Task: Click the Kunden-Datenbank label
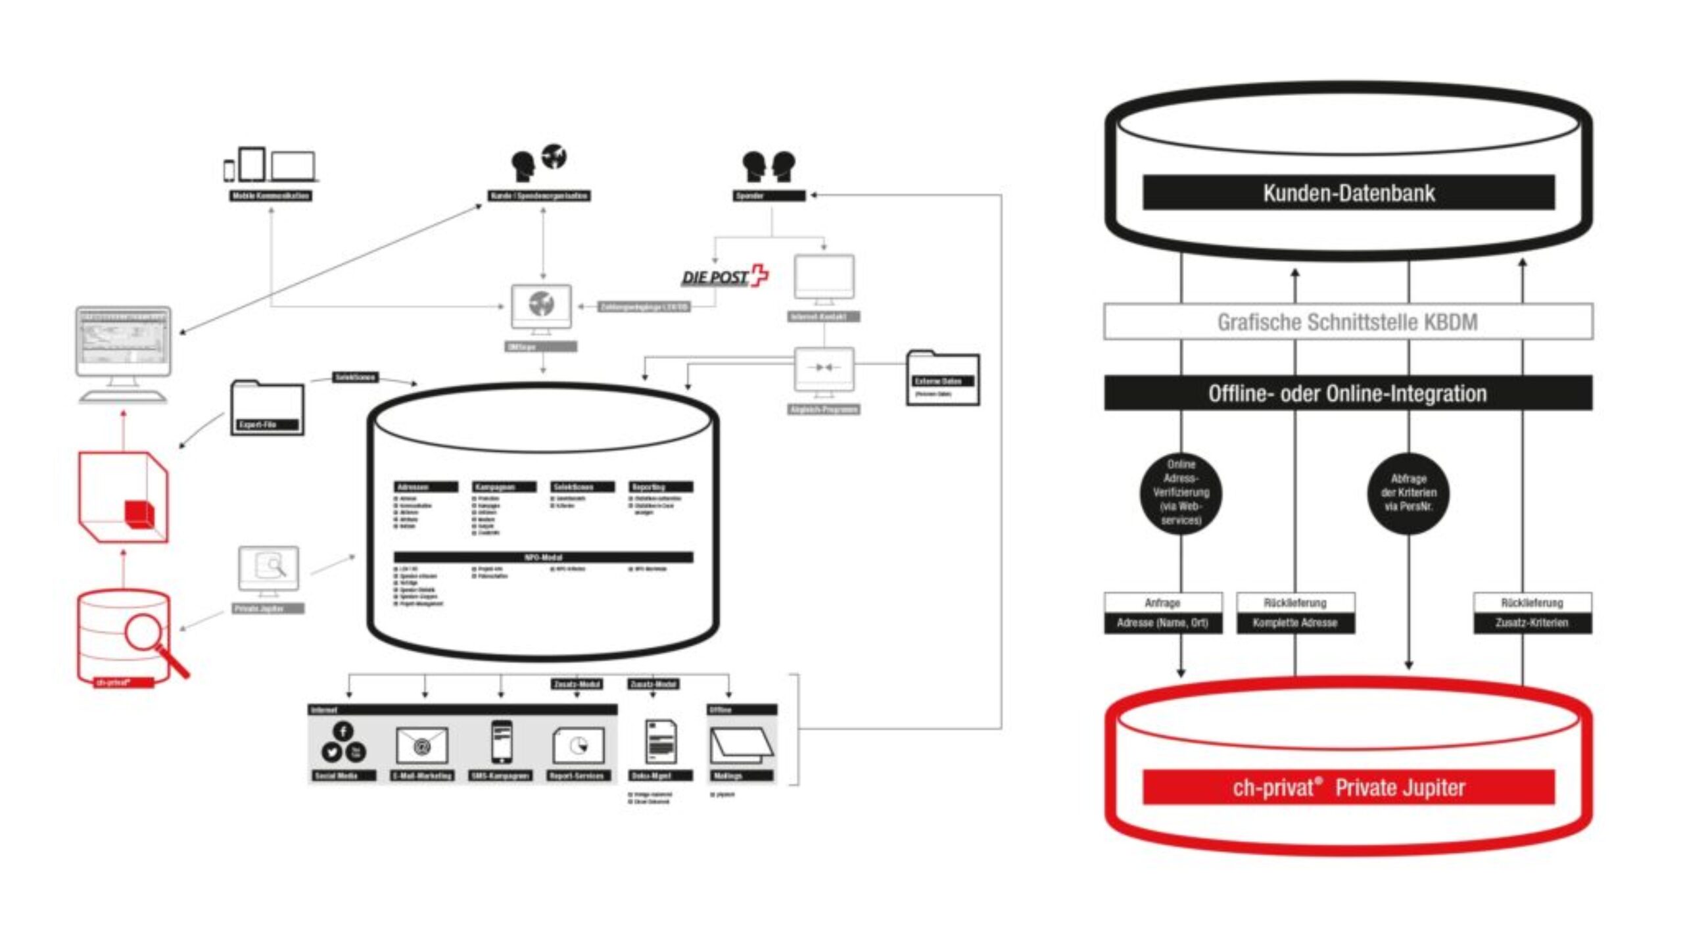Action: pos(1348,193)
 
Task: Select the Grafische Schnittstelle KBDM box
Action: pos(1348,322)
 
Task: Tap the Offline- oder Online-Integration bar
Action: pos(1348,393)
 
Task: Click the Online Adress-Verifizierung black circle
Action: pos(1181,492)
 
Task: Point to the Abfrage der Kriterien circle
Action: pos(1408,493)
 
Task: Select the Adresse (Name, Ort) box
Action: pos(1162,623)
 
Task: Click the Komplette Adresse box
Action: pos(1294,623)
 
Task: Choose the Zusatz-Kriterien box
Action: pos(1532,623)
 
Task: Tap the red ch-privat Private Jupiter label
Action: pos(1348,787)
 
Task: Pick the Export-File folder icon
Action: pos(267,408)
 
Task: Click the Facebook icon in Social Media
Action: pos(343,731)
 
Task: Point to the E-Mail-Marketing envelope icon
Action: pos(421,746)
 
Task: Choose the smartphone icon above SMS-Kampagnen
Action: pos(502,742)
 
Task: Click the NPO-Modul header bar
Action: pos(543,557)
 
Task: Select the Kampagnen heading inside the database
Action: pos(504,487)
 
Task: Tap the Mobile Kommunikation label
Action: pos(271,196)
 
